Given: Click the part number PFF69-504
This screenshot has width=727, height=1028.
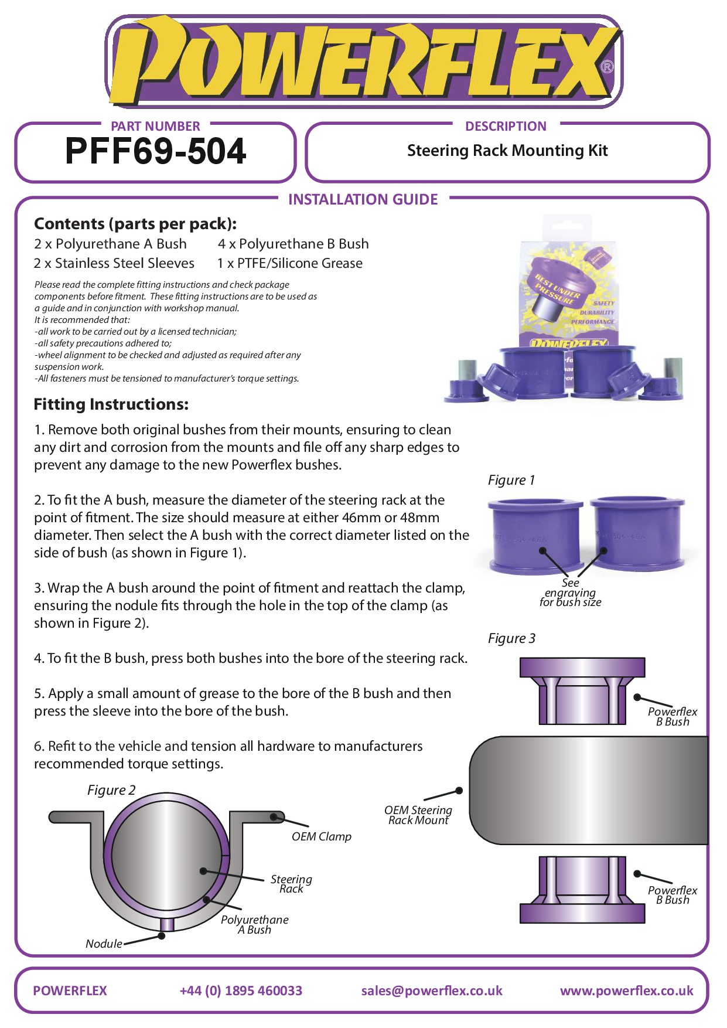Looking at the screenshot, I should click(155, 151).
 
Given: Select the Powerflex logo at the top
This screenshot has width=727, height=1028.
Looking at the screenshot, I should click(363, 62).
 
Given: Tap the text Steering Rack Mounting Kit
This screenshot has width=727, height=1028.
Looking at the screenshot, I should click(507, 151).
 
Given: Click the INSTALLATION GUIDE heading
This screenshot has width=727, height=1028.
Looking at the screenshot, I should click(363, 199).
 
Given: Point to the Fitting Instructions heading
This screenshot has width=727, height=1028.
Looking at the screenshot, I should click(111, 404).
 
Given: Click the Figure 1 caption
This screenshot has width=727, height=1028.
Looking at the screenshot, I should click(511, 480).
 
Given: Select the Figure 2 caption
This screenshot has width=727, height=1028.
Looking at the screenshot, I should click(111, 790).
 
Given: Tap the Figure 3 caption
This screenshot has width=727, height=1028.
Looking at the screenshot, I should click(511, 638).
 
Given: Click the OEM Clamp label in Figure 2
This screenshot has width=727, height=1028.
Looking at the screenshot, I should click(321, 836).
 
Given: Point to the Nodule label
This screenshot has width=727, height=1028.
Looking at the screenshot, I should click(104, 944).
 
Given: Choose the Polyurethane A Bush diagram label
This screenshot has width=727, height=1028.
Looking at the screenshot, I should click(254, 924).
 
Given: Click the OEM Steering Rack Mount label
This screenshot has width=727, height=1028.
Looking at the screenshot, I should click(418, 815).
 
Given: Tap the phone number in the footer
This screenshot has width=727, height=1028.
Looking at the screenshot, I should click(241, 990).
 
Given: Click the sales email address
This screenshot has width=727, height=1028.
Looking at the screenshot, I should click(432, 990).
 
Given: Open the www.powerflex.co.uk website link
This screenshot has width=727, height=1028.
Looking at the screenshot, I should click(626, 990).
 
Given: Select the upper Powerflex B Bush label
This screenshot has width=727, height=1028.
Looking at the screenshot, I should click(673, 716).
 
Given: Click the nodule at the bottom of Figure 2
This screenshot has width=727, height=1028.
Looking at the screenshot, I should click(167, 924).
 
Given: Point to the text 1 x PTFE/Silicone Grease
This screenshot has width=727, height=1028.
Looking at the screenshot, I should click(290, 263).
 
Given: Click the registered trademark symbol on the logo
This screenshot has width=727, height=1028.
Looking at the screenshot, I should click(607, 66).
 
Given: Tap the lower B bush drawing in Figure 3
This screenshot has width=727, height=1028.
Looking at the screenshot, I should click(582, 889).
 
